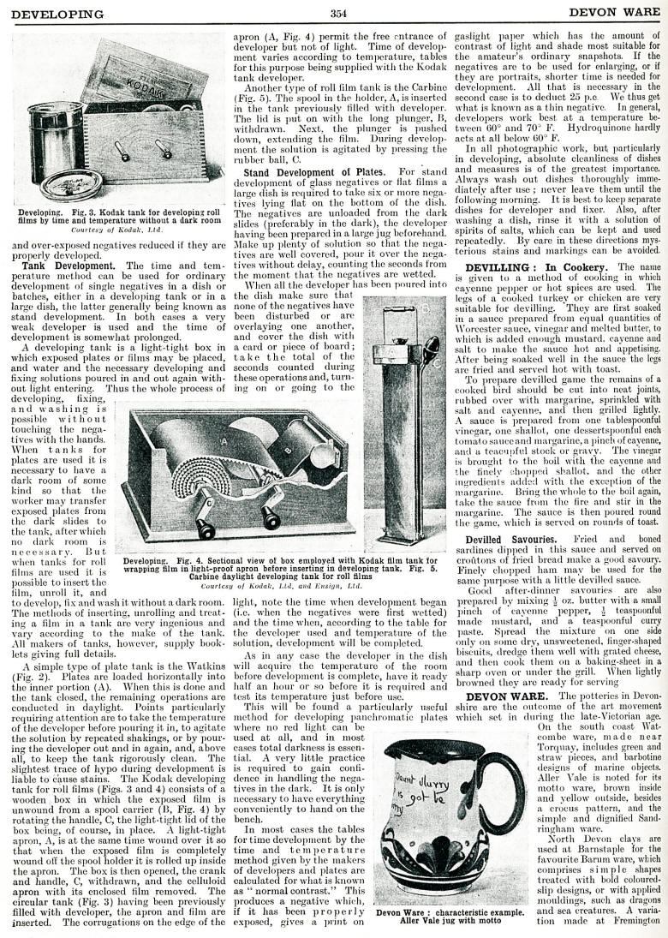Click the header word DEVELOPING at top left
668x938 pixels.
click(x=57, y=14)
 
